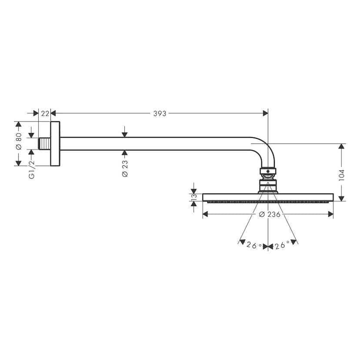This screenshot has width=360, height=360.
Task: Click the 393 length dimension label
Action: point(160,113)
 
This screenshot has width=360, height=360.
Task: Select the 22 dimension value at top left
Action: point(44,113)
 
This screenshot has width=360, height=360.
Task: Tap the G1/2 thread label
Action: point(31,169)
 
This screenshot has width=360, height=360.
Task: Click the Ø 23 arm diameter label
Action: point(125,168)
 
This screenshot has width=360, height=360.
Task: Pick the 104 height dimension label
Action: point(342,174)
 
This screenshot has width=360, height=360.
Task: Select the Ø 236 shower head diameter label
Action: point(269,214)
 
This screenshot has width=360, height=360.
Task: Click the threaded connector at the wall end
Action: point(44,143)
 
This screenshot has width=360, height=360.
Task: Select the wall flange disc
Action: point(55,143)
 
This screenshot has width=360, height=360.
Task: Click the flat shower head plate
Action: point(268,197)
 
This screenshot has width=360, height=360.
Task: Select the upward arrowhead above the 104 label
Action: point(342,147)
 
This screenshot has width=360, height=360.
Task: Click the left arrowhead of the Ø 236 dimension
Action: point(206,214)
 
